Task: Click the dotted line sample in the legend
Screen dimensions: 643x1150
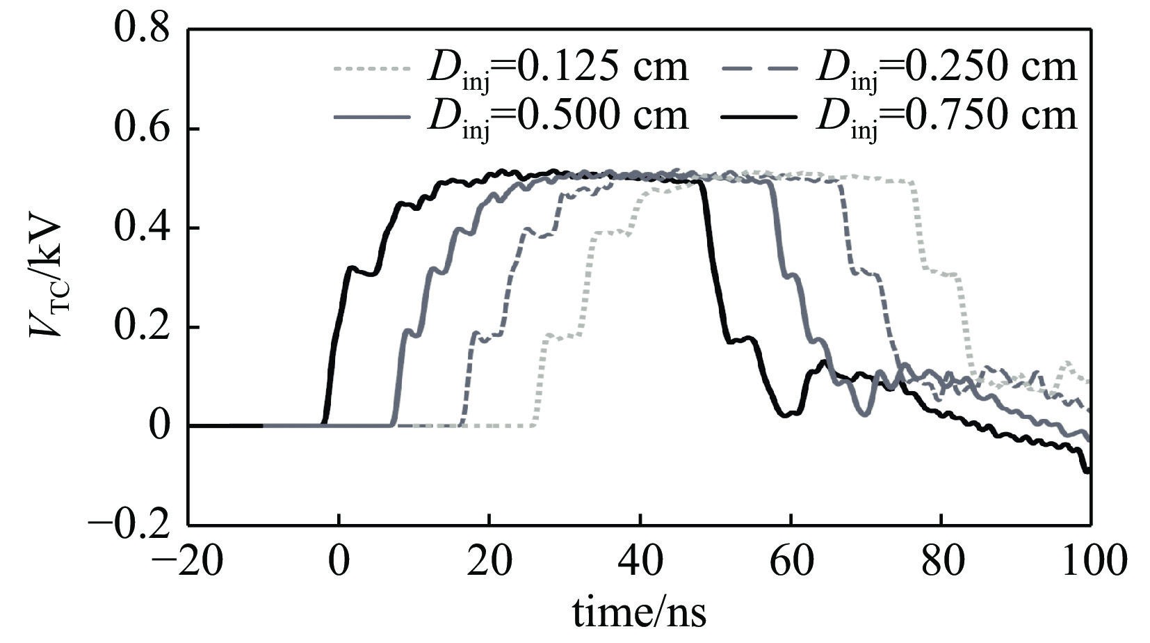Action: coord(372,68)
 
